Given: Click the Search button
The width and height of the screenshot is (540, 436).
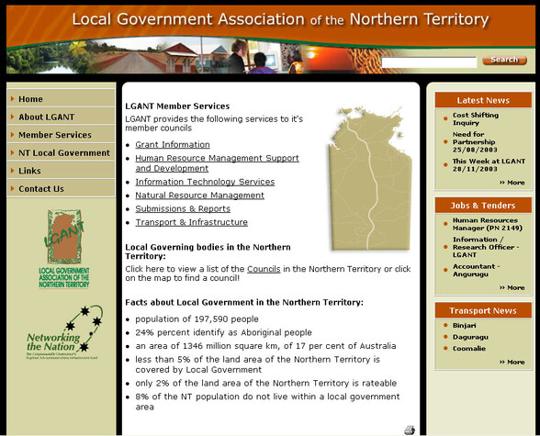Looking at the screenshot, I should pos(504,60).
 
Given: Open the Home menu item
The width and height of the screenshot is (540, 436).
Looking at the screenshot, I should pos(31,99).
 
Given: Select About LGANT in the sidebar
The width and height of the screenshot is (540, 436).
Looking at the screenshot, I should pos(47,117).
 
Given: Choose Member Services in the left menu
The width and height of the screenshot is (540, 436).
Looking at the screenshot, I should pos(55,135).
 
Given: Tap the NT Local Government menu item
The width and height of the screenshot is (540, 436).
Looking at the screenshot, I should pos(64,153).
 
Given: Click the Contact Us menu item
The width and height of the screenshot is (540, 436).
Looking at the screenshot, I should pos(41,189).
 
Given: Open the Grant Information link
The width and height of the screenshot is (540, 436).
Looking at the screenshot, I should pos(173,145).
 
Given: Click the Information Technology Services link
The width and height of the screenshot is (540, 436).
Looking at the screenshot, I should pos(205,182).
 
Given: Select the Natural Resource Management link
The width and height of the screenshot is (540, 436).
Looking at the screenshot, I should pos(199,196).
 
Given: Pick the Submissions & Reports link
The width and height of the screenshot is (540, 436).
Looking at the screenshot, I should pos(183,209).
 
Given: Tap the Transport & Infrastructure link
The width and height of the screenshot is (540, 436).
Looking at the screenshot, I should pos(191,223).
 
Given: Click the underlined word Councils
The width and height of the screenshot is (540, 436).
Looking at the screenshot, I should pos(264,269).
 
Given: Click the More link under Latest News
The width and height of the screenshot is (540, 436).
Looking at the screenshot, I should pos(512,183).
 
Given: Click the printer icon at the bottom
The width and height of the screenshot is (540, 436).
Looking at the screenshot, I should pos(409,430).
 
